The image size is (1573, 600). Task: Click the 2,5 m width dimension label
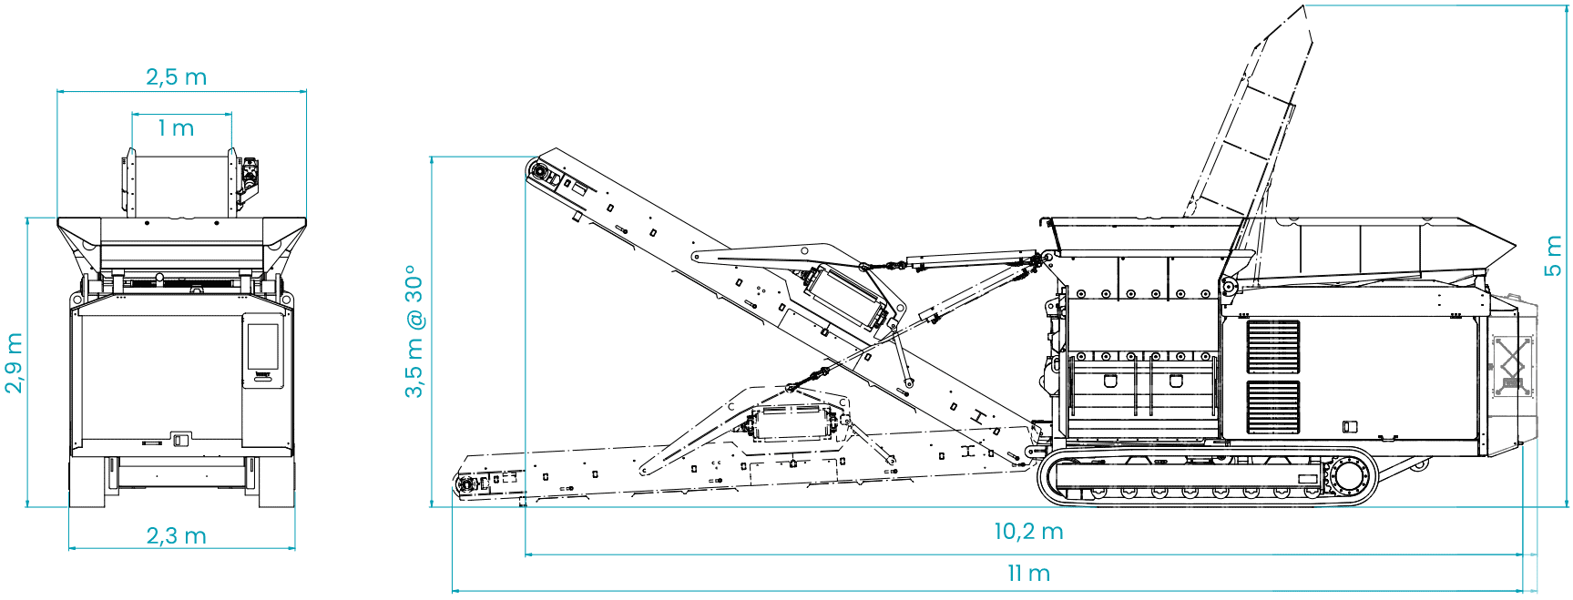(x=177, y=76)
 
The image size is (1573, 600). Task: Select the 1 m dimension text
(x=177, y=128)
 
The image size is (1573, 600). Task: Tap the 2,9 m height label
(x=14, y=362)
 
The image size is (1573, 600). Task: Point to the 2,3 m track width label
(x=177, y=535)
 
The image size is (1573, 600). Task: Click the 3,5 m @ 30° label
(x=414, y=331)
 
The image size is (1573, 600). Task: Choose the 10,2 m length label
(x=1028, y=532)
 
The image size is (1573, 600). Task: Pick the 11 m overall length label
(x=1028, y=574)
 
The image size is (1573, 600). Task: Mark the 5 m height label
(x=1553, y=257)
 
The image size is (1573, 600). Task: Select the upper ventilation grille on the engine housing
(x=1273, y=347)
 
